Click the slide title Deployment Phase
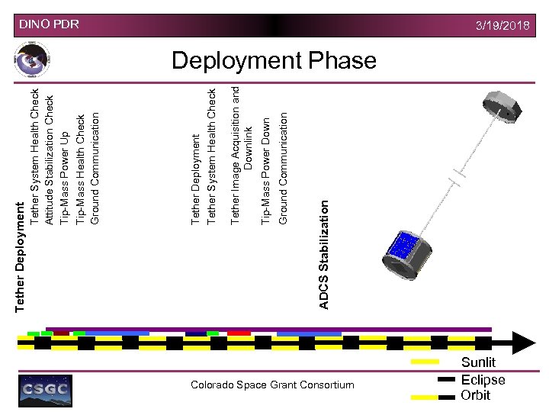pyautogui.click(x=274, y=60)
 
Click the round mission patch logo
pyautogui.click(x=33, y=60)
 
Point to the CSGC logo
pyautogui.click(x=45, y=390)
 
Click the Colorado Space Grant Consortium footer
pyautogui.click(x=272, y=385)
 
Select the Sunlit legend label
pyautogui.click(x=478, y=362)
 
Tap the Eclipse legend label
pyautogui.click(x=483, y=379)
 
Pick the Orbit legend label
pyautogui.click(x=475, y=395)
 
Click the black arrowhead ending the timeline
pyautogui.click(x=525, y=343)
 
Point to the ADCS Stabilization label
pyautogui.click(x=324, y=255)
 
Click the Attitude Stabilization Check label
pyautogui.click(x=50, y=159)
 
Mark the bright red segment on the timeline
pyautogui.click(x=239, y=333)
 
